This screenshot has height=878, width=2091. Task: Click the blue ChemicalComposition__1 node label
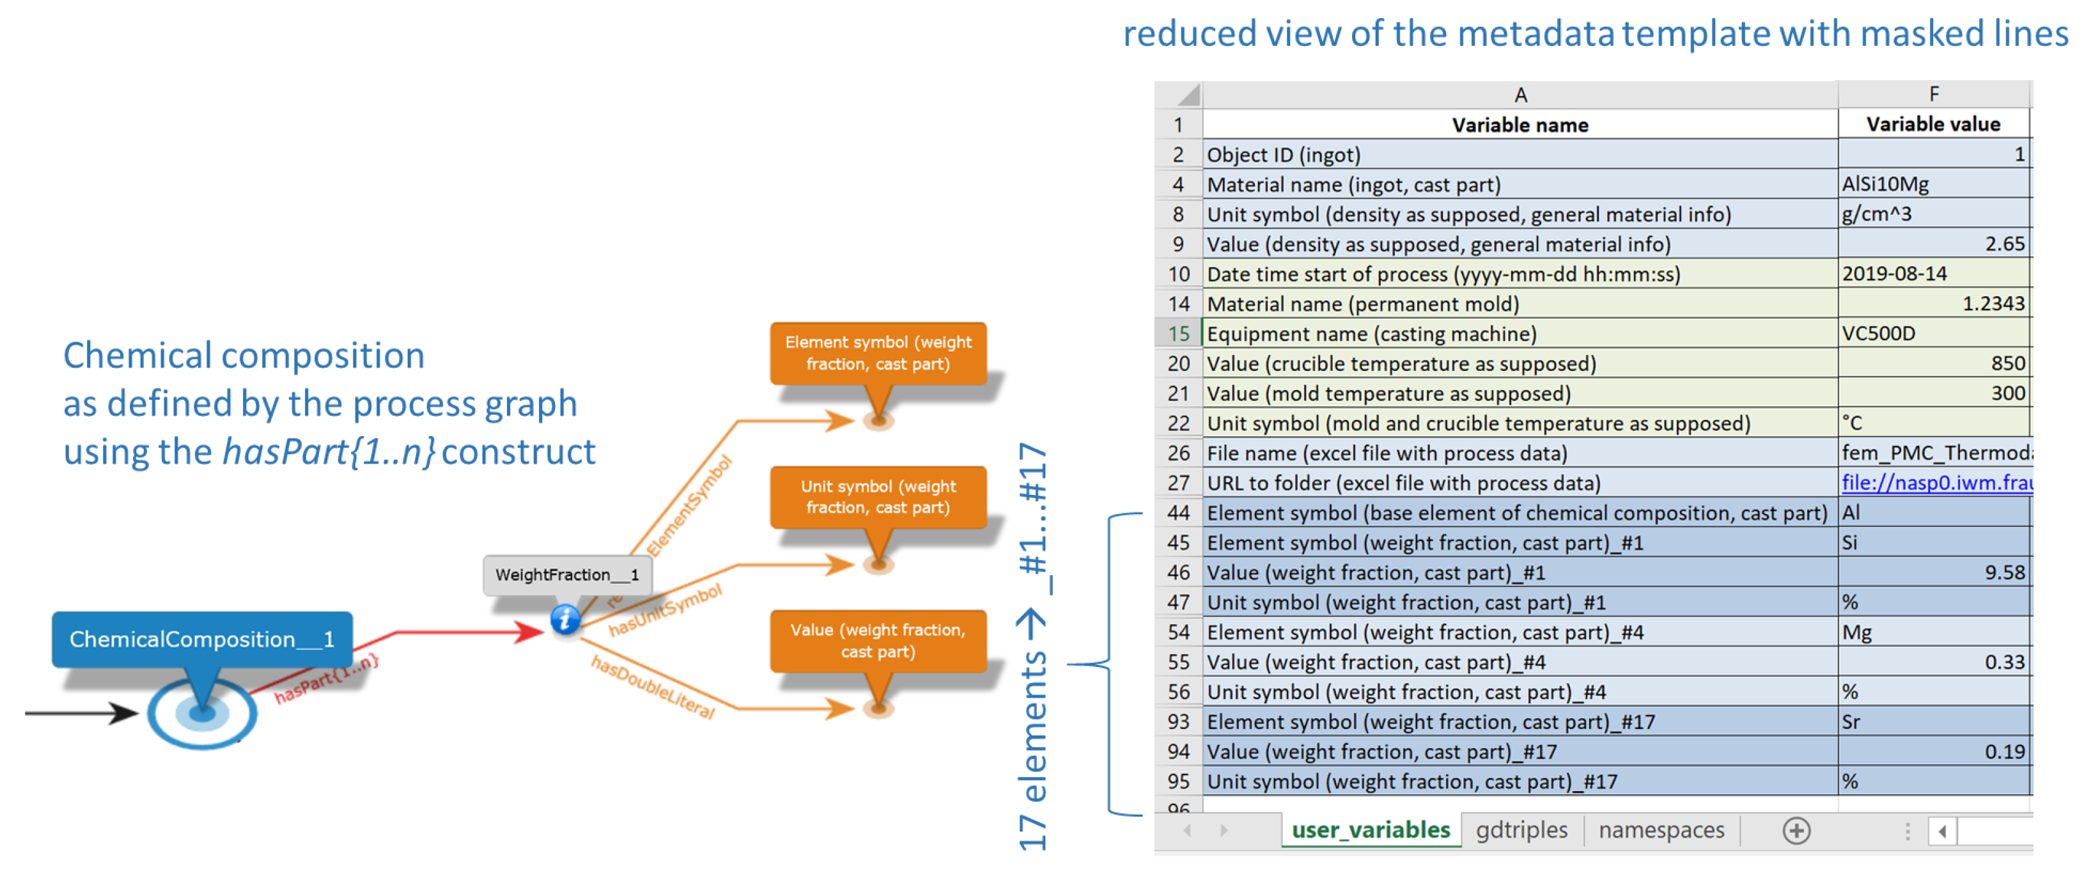point(201,639)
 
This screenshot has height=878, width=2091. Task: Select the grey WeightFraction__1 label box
point(566,574)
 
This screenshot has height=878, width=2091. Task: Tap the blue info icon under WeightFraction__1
point(565,620)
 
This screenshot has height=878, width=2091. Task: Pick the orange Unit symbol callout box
point(878,497)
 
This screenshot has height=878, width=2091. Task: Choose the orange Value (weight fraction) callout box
point(878,641)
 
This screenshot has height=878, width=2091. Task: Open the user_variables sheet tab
point(1369,829)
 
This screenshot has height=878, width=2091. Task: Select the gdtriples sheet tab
point(1521,829)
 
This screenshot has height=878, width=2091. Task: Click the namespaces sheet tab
point(1661,829)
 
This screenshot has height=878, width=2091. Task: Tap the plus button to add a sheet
point(1796,830)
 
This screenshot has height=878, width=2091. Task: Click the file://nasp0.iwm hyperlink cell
point(1935,482)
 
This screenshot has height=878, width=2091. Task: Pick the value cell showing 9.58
point(1934,572)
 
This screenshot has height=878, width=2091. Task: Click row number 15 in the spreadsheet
point(1178,333)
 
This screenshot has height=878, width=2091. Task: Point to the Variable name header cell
point(1520,124)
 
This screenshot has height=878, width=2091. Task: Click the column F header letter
point(1934,94)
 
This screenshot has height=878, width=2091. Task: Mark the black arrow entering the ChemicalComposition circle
point(81,713)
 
